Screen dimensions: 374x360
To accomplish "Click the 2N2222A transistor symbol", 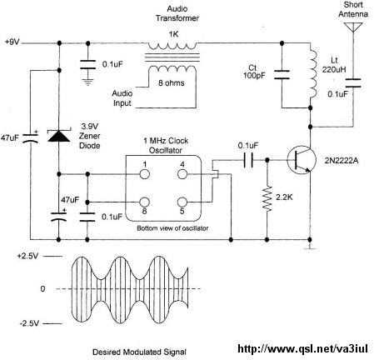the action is [x=302, y=161].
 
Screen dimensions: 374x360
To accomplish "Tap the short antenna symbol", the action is [x=353, y=27].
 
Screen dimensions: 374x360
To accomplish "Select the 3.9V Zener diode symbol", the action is [x=59, y=136].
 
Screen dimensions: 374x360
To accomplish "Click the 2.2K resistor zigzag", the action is [x=267, y=199].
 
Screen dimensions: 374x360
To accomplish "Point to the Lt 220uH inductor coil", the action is [x=312, y=74].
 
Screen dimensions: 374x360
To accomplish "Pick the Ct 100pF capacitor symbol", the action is [x=282, y=75].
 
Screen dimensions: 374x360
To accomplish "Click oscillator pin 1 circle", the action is [x=144, y=174].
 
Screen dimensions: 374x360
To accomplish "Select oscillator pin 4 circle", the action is [x=182, y=174].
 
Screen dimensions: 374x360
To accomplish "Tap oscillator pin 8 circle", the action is [x=144, y=202].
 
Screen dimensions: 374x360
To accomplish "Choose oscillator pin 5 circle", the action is [x=182, y=202].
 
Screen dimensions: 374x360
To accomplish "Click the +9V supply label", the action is [x=12, y=42].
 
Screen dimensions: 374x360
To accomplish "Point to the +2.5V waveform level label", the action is [x=27, y=256].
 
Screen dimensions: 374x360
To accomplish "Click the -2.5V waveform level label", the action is [x=29, y=323].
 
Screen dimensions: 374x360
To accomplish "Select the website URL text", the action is [x=302, y=348].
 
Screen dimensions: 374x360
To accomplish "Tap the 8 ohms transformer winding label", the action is [x=172, y=82].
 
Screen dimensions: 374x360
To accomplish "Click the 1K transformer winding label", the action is [x=173, y=34].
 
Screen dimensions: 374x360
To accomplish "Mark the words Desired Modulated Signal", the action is [x=139, y=352].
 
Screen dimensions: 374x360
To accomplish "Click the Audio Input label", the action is [x=122, y=98].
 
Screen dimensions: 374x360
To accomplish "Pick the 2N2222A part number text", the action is [x=342, y=161].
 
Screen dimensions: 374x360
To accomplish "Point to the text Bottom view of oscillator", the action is [x=172, y=228].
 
